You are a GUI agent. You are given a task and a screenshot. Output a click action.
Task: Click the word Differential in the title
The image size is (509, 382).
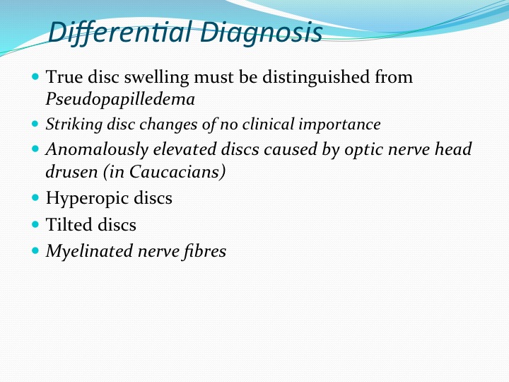click(120, 33)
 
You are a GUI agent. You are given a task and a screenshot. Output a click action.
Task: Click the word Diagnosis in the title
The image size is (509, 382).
click(262, 33)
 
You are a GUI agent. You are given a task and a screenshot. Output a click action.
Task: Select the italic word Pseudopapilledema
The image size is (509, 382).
click(120, 99)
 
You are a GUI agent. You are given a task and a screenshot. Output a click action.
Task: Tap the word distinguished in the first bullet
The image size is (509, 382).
click(316, 77)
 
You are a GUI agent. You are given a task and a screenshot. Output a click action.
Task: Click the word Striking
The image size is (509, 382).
click(74, 125)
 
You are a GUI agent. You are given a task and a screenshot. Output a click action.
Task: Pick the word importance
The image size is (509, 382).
click(339, 125)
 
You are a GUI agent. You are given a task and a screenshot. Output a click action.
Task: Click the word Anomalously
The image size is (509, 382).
click(97, 150)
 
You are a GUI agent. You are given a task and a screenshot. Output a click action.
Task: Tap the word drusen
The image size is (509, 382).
click(71, 172)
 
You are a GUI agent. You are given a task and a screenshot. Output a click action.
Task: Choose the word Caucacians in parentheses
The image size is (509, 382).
click(175, 172)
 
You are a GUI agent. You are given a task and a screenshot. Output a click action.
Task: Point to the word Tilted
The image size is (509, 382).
click(69, 225)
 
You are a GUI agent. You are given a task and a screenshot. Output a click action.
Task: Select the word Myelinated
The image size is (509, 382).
click(89, 251)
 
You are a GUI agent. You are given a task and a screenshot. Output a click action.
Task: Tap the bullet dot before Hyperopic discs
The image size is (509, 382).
click(35, 197)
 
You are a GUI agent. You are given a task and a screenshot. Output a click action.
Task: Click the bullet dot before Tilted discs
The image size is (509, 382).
click(35, 224)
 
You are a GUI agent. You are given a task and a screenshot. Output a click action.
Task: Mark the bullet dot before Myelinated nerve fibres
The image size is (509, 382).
click(35, 250)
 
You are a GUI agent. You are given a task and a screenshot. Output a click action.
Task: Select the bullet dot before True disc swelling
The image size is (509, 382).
click(35, 76)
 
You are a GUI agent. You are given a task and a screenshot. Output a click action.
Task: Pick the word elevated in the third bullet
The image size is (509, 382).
click(185, 149)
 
